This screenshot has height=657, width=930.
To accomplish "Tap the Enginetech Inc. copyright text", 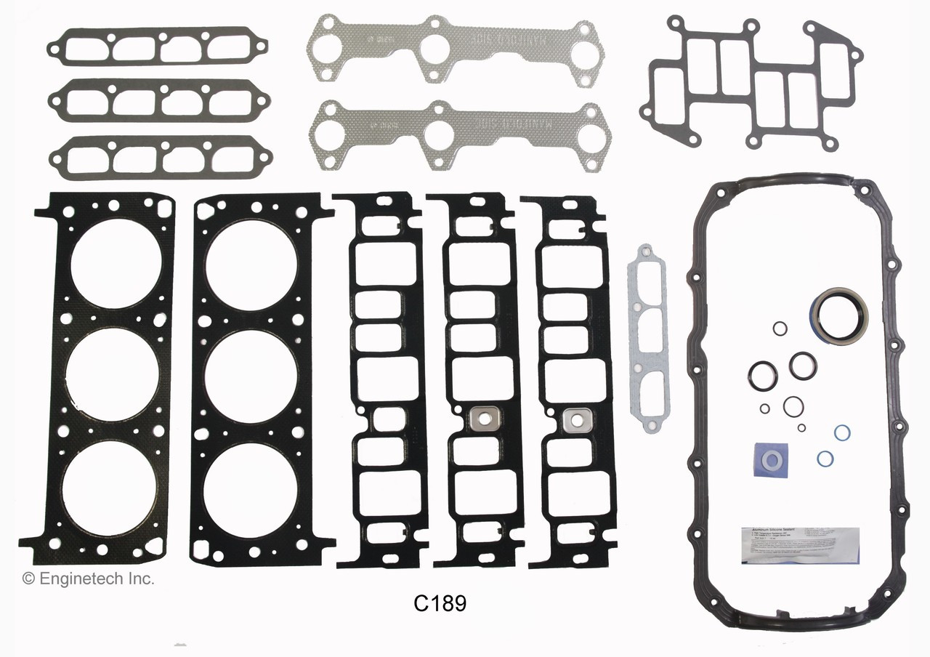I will click(x=88, y=579).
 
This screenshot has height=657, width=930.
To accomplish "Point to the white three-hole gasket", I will click(x=647, y=338).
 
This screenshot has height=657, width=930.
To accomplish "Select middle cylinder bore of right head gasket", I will click(x=251, y=376).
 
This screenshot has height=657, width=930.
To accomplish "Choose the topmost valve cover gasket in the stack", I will click(x=158, y=47).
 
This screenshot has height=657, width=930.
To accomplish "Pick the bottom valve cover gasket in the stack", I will click(x=160, y=158).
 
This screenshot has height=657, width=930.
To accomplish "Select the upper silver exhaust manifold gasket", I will click(x=453, y=51).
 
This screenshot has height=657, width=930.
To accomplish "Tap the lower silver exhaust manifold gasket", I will click(x=454, y=135).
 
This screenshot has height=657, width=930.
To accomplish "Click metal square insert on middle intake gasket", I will click(x=480, y=419).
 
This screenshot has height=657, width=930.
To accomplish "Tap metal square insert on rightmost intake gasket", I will click(x=577, y=419).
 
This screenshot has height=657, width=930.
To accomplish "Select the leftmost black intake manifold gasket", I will click(x=381, y=378).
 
